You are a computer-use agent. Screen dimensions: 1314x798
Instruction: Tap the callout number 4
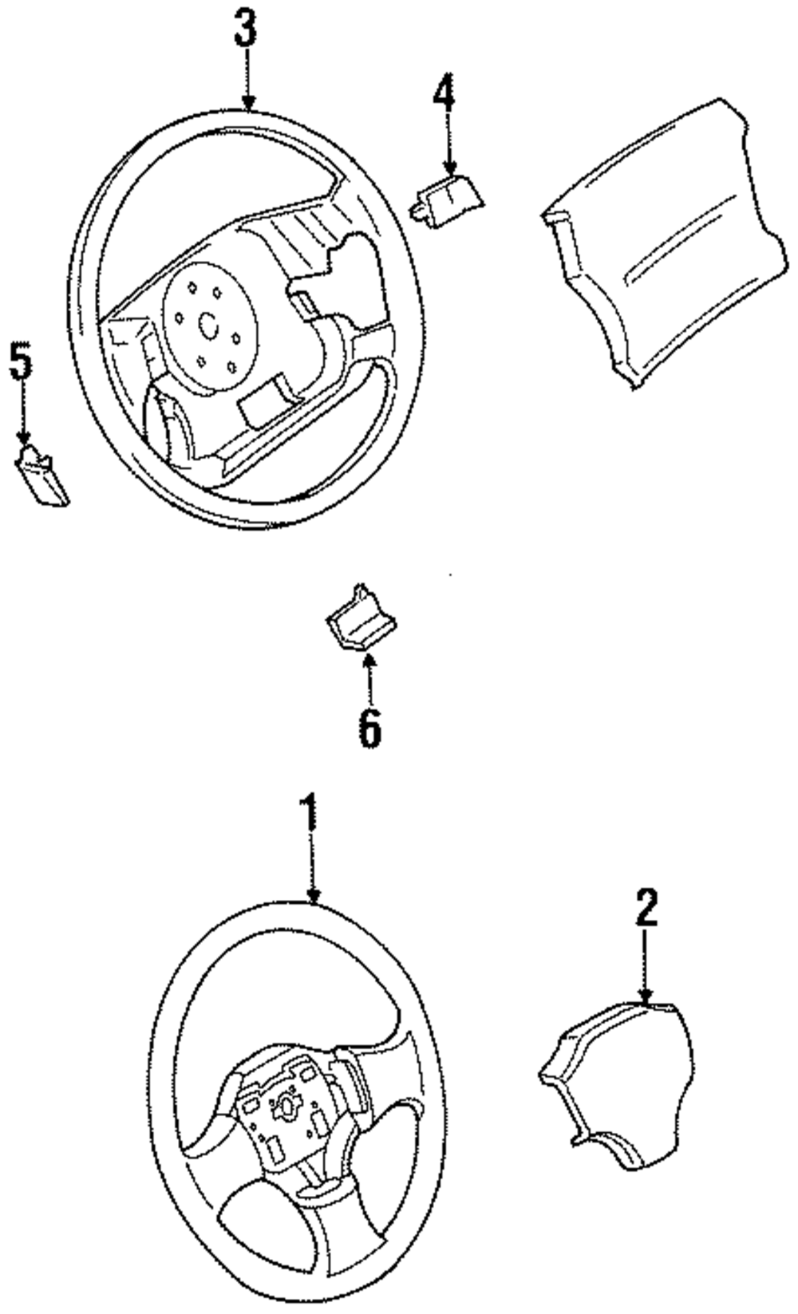coord(444,95)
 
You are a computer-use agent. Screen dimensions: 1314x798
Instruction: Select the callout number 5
coord(21,363)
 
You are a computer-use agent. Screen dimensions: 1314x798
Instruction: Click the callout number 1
coord(310,814)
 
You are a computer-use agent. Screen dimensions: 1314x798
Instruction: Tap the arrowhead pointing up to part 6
coord(368,660)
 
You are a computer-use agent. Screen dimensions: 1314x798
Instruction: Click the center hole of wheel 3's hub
coord(209,326)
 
